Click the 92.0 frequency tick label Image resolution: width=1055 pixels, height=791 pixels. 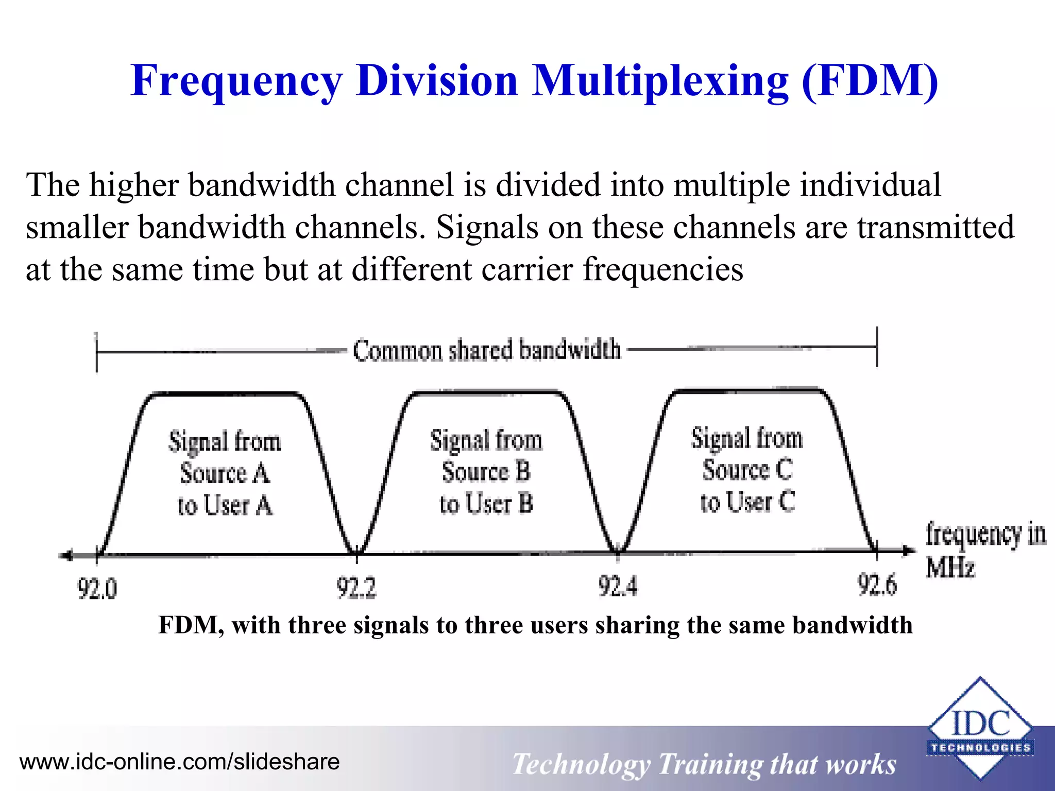point(97,588)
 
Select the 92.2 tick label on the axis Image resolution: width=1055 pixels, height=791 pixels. point(356,587)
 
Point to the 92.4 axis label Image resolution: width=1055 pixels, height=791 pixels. point(618,586)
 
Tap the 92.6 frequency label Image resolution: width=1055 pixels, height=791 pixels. point(877,584)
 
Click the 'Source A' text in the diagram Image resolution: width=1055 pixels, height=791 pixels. point(225,473)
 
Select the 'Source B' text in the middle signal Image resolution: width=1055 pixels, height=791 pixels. point(486,471)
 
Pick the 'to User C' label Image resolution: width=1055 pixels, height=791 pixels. point(747,501)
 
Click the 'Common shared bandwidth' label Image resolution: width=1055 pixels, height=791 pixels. point(487,350)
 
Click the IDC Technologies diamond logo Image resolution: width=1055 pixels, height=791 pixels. point(980,728)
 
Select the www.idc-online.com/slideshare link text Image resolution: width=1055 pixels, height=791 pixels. point(179,762)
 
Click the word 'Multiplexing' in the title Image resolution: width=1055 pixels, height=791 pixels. point(660,81)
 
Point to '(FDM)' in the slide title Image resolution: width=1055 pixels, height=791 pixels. point(870,81)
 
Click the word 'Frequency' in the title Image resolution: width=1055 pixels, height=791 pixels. point(236,81)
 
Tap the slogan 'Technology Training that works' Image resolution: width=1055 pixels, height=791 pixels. point(704,764)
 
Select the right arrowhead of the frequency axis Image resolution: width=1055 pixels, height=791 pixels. point(909,551)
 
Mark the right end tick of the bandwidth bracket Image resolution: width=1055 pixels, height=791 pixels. point(877,347)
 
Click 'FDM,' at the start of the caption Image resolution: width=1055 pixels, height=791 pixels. point(191,625)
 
